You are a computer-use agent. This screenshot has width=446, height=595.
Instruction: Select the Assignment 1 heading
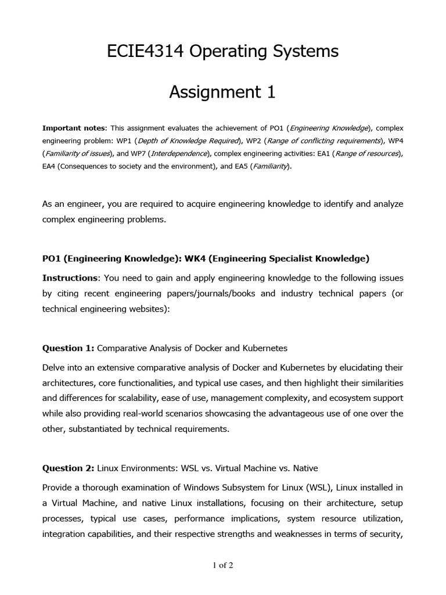pos(222,92)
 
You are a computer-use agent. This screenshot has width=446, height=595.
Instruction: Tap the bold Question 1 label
pos(68,348)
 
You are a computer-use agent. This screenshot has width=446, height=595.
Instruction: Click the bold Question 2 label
pos(68,468)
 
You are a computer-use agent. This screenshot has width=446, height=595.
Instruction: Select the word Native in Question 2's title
pos(304,468)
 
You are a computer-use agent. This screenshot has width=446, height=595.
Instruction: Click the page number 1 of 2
pos(222,564)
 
